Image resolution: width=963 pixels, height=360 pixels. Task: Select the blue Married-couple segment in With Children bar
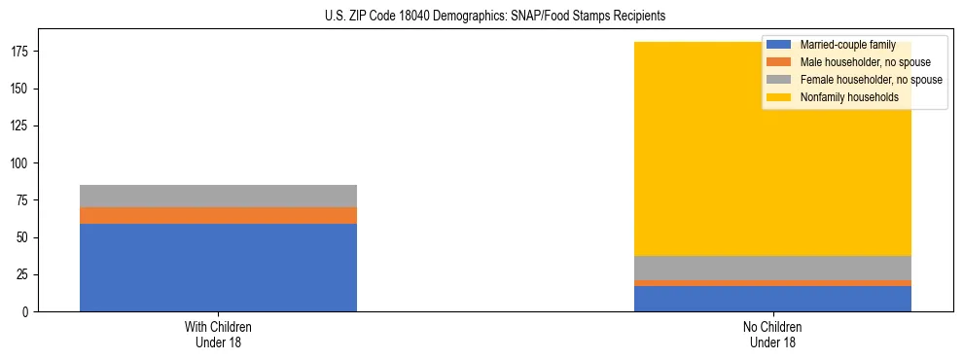click(x=218, y=268)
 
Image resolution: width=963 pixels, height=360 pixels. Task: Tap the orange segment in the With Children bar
click(x=218, y=215)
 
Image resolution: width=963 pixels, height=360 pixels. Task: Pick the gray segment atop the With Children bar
click(x=218, y=196)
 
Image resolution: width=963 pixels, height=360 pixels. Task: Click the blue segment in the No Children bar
click(x=772, y=299)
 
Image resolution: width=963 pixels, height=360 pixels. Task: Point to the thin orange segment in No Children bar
click(x=772, y=283)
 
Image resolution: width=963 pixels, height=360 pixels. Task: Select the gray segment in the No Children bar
click(x=772, y=268)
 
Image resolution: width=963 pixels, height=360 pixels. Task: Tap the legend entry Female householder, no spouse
click(x=856, y=80)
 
